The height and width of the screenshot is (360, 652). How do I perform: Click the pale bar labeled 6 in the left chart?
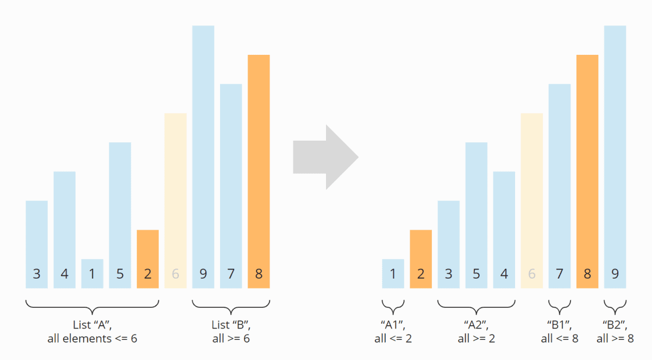click(175, 200)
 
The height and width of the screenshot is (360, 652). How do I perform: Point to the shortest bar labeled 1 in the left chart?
click(92, 274)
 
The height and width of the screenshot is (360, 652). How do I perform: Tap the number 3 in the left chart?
click(36, 274)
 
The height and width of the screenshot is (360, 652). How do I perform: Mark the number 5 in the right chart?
click(477, 274)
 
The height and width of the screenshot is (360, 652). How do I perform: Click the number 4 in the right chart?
click(504, 274)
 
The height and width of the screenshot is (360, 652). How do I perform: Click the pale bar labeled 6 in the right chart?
click(532, 200)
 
